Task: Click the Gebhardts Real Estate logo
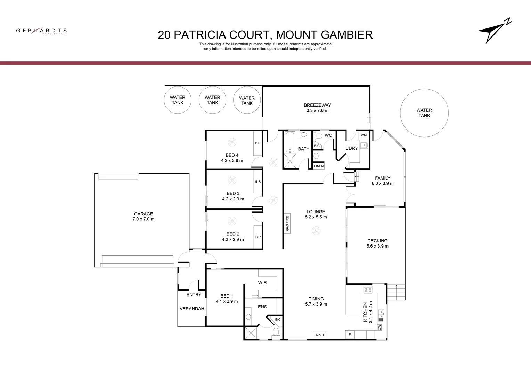tap(41, 31)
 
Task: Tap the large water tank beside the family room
tap(424, 113)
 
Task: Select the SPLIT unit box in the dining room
tap(320, 335)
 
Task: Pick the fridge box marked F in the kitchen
tap(350, 335)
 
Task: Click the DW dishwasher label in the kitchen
tap(379, 327)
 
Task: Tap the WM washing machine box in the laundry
tap(363, 135)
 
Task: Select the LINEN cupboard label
tap(319, 166)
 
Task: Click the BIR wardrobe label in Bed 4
tap(258, 143)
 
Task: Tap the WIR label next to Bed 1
tap(262, 283)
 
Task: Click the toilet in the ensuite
tap(276, 333)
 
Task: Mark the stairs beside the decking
tap(396, 292)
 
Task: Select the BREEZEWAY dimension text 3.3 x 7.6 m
tap(317, 111)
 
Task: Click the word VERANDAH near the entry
tap(191, 309)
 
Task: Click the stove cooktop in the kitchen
tap(368, 289)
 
